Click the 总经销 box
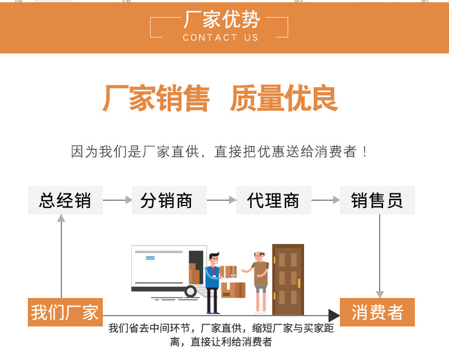point(65,200)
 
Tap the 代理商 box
point(273,200)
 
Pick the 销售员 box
point(377,200)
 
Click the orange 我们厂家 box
point(65,312)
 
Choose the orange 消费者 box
point(377,312)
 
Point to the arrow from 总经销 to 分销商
point(117,200)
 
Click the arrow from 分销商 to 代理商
point(222,200)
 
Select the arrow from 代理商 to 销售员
point(326,200)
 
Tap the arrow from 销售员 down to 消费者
point(380,256)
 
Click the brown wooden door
point(288,279)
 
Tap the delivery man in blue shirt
point(213,282)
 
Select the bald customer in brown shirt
point(260,280)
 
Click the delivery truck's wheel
point(190,292)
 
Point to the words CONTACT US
point(221,38)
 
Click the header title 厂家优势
point(222,20)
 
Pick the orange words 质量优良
point(284,98)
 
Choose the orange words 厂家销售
point(156,98)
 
